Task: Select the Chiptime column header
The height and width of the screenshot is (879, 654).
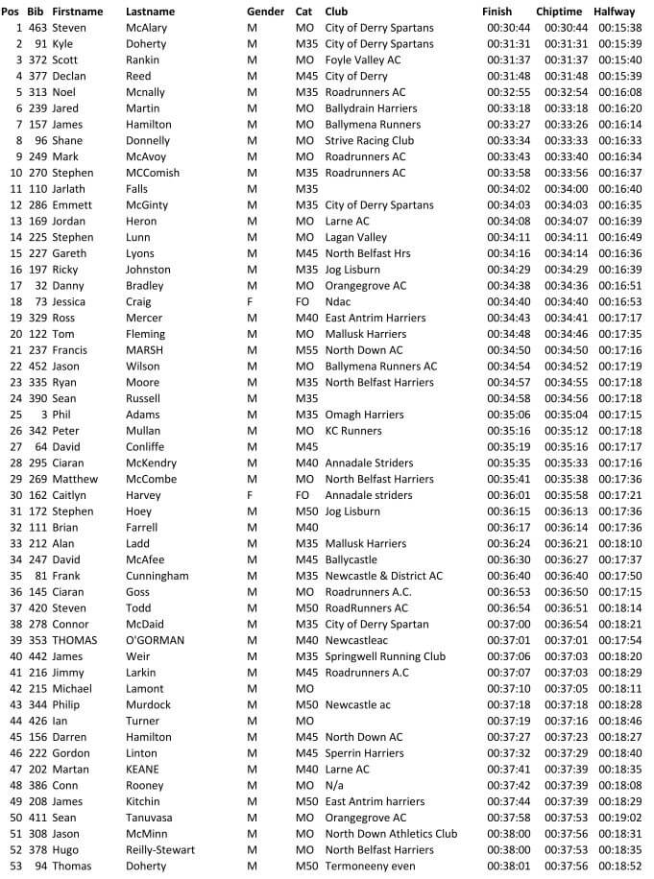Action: pyautogui.click(x=559, y=12)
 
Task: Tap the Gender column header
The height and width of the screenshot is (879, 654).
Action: pyautogui.click(x=265, y=12)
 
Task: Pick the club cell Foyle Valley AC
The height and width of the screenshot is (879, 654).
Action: pyautogui.click(x=363, y=59)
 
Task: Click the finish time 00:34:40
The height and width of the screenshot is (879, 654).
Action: pyautogui.click(x=507, y=301)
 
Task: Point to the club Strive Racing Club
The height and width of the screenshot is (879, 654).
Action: pyautogui.click(x=370, y=140)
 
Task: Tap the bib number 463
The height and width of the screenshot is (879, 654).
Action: pyautogui.click(x=37, y=28)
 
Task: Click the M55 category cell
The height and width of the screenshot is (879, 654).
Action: pyautogui.click(x=306, y=350)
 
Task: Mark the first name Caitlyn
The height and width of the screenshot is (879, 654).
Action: pyautogui.click(x=69, y=495)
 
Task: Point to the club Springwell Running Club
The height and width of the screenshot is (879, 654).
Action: pyautogui.click(x=385, y=656)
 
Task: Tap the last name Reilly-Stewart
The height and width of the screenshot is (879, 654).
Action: pyautogui.click(x=160, y=849)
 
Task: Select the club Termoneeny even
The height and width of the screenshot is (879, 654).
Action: pyautogui.click(x=370, y=866)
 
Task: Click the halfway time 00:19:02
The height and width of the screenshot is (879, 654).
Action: pyautogui.click(x=619, y=818)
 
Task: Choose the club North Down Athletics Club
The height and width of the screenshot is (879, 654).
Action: pyautogui.click(x=391, y=834)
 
